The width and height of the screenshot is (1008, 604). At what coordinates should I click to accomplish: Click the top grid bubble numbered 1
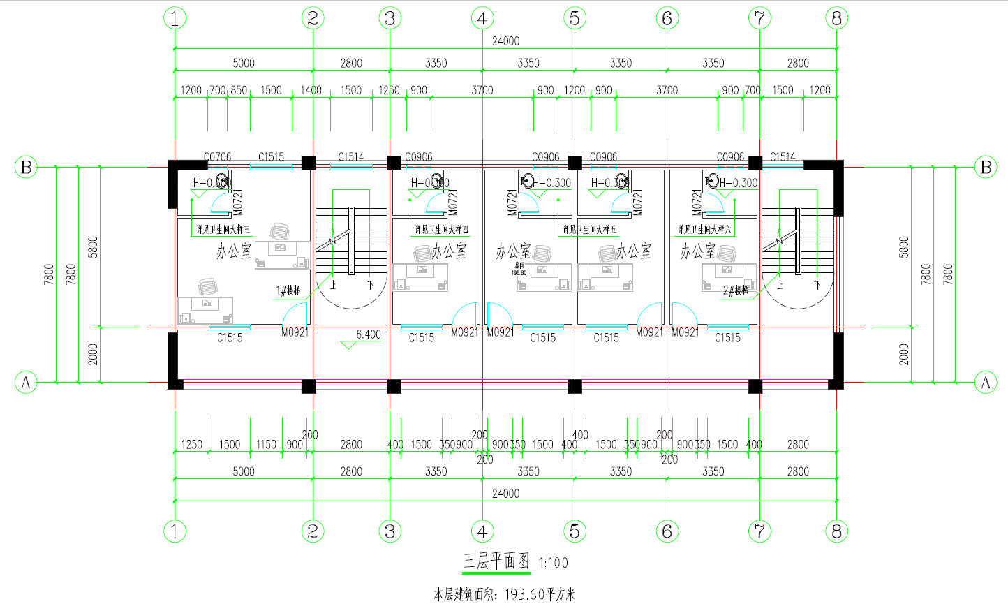pyautogui.click(x=175, y=18)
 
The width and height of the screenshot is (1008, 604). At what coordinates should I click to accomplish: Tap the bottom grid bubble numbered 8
pyautogui.click(x=837, y=531)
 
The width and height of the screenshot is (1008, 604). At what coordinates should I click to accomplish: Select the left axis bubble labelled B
pyautogui.click(x=26, y=168)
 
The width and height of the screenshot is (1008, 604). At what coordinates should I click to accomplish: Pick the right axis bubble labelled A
pyautogui.click(x=986, y=382)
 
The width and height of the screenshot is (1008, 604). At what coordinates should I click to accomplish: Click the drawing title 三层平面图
pyautogui.click(x=496, y=561)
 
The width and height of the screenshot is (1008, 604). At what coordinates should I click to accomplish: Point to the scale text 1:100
pyautogui.click(x=554, y=563)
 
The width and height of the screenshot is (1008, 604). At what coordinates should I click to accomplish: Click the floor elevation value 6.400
pyautogui.click(x=369, y=334)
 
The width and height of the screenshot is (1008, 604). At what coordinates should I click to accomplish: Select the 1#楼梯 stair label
pyautogui.click(x=288, y=290)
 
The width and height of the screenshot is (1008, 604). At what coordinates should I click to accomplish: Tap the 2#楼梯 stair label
pyautogui.click(x=735, y=290)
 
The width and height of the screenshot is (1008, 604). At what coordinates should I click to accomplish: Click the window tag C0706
pyautogui.click(x=217, y=157)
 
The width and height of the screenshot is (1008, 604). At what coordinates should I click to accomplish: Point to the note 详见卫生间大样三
pyautogui.click(x=223, y=229)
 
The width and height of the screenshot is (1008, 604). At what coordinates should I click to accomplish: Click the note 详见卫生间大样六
pyautogui.click(x=704, y=229)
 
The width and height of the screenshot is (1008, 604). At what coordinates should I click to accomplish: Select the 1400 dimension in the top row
pyautogui.click(x=311, y=90)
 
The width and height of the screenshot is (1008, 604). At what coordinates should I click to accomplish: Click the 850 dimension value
pyautogui.click(x=239, y=90)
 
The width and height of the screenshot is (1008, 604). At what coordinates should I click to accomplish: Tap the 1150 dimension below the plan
pyautogui.click(x=266, y=444)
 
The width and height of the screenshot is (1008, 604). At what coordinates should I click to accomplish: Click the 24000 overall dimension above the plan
pyautogui.click(x=505, y=41)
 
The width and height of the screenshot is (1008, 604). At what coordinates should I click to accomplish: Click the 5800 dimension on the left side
pyautogui.click(x=94, y=246)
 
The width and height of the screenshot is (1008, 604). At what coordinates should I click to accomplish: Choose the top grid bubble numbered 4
pyautogui.click(x=482, y=18)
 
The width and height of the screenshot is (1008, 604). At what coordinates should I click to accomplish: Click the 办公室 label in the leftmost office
pyautogui.click(x=233, y=251)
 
